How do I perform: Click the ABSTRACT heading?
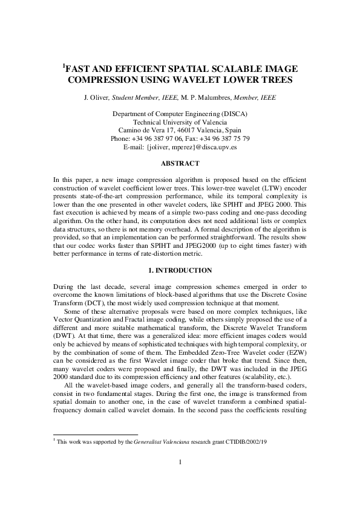tap(180, 163)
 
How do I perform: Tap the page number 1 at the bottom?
tap(180, 479)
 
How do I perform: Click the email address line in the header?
tap(180, 147)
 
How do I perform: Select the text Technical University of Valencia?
tap(180, 122)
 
